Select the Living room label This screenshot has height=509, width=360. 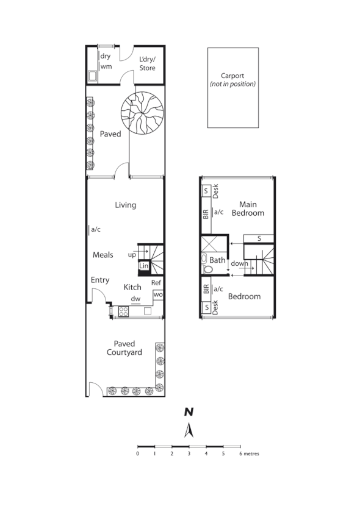(x=125, y=205)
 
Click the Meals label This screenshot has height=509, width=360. (x=103, y=255)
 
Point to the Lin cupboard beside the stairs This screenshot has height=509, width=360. (x=144, y=266)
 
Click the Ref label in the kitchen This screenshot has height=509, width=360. (x=156, y=283)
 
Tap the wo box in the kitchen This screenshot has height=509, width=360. (x=157, y=295)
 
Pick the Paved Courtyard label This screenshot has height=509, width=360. (x=124, y=348)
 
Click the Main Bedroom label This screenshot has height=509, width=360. (x=251, y=208)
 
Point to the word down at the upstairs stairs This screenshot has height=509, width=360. (x=239, y=264)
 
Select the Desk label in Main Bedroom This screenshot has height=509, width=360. (x=216, y=191)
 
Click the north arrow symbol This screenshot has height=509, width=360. (x=189, y=430)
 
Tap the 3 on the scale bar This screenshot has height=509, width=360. (x=189, y=454)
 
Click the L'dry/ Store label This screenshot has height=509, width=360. (x=147, y=64)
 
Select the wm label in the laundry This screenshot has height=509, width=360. (x=106, y=66)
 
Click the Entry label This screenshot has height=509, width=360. (x=100, y=280)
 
